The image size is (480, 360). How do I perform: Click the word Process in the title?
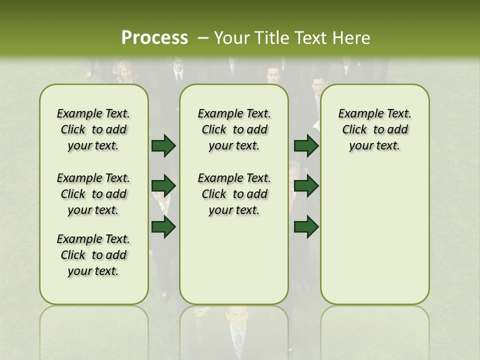click(154, 38)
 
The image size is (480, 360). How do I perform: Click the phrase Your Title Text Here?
click(292, 38)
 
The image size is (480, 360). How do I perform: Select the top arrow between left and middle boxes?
click(163, 145)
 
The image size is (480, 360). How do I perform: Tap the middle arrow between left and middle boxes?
click(163, 186)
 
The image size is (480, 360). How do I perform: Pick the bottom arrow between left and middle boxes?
click(163, 227)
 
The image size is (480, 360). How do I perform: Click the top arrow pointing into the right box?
click(306, 145)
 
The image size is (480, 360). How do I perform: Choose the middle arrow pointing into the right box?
click(306, 186)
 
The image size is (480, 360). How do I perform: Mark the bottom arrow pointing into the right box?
click(306, 227)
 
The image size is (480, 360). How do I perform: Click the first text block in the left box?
click(93, 129)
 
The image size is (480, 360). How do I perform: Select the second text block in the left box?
click(93, 194)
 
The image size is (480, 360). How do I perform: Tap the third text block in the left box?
click(93, 255)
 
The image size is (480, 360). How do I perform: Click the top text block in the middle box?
click(234, 129)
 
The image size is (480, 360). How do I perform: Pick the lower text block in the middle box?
click(234, 194)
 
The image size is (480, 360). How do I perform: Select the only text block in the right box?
click(374, 129)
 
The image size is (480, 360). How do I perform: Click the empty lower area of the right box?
click(374, 240)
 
